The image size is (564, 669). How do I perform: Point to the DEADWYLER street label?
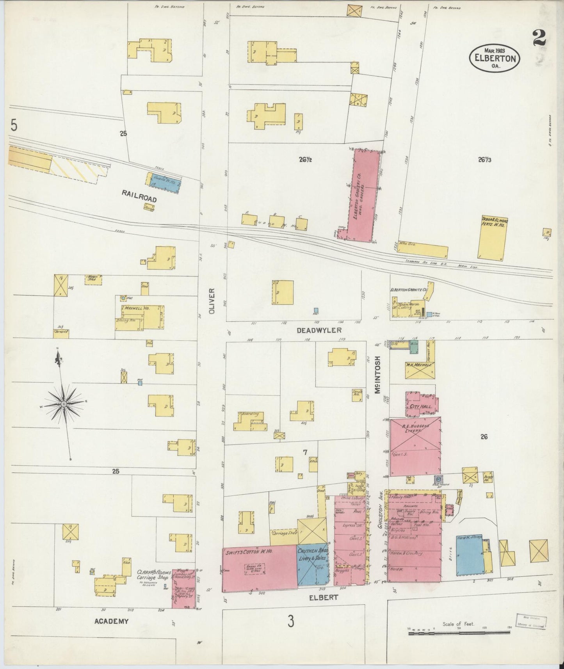click(x=319, y=330)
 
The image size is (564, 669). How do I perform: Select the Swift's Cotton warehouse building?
click(x=260, y=568)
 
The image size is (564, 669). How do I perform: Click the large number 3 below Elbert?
click(x=291, y=621)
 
